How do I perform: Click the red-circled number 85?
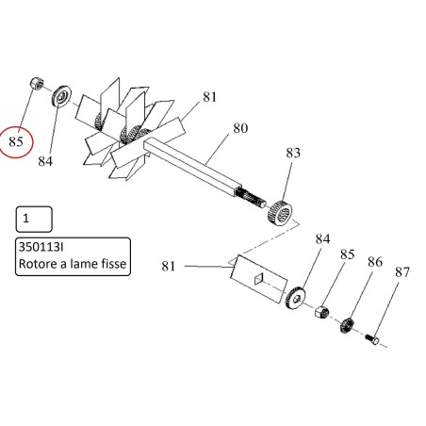click(16, 141)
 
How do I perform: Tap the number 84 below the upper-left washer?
click(45, 161)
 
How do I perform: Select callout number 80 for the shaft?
click(240, 128)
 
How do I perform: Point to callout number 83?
click(293, 153)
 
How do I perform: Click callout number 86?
click(375, 262)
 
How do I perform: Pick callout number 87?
click(402, 272)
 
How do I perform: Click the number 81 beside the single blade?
click(169, 266)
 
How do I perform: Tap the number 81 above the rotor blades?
click(209, 97)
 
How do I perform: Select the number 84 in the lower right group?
click(322, 239)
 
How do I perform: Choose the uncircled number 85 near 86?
click(347, 254)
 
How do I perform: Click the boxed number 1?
click(26, 219)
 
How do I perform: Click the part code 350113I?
click(41, 247)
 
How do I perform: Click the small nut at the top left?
click(37, 84)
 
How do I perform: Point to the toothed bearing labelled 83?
click(280, 212)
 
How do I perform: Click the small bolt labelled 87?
click(372, 339)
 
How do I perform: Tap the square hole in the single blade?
click(258, 279)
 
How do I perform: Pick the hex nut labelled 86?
click(348, 325)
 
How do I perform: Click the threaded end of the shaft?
click(252, 199)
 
